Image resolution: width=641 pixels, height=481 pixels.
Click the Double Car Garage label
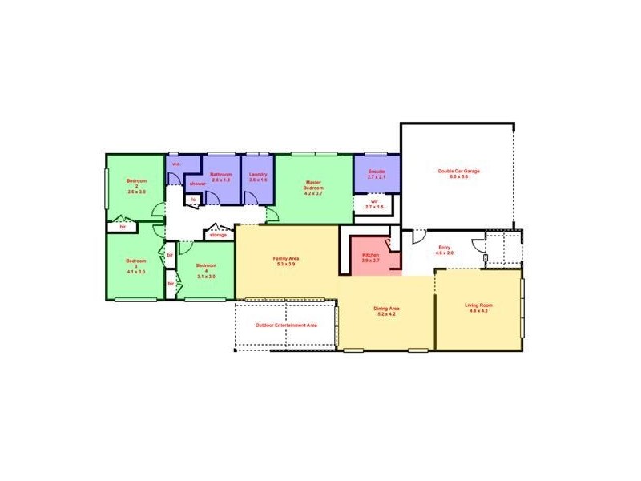(458, 171)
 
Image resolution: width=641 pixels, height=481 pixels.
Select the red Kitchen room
(371, 256)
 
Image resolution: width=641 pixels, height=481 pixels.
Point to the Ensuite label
(377, 172)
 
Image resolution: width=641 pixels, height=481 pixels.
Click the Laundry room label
(258, 175)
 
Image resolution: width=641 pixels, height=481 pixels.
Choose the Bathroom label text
(220, 175)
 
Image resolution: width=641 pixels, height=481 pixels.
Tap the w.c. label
(175, 164)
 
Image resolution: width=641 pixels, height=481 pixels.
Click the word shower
(197, 184)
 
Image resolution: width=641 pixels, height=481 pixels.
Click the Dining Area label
(386, 309)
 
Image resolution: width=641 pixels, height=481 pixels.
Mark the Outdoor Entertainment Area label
(286, 325)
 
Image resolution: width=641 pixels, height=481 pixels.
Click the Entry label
(444, 247)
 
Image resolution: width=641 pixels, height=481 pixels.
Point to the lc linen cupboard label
(192, 199)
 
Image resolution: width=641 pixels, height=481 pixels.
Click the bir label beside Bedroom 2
(123, 227)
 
